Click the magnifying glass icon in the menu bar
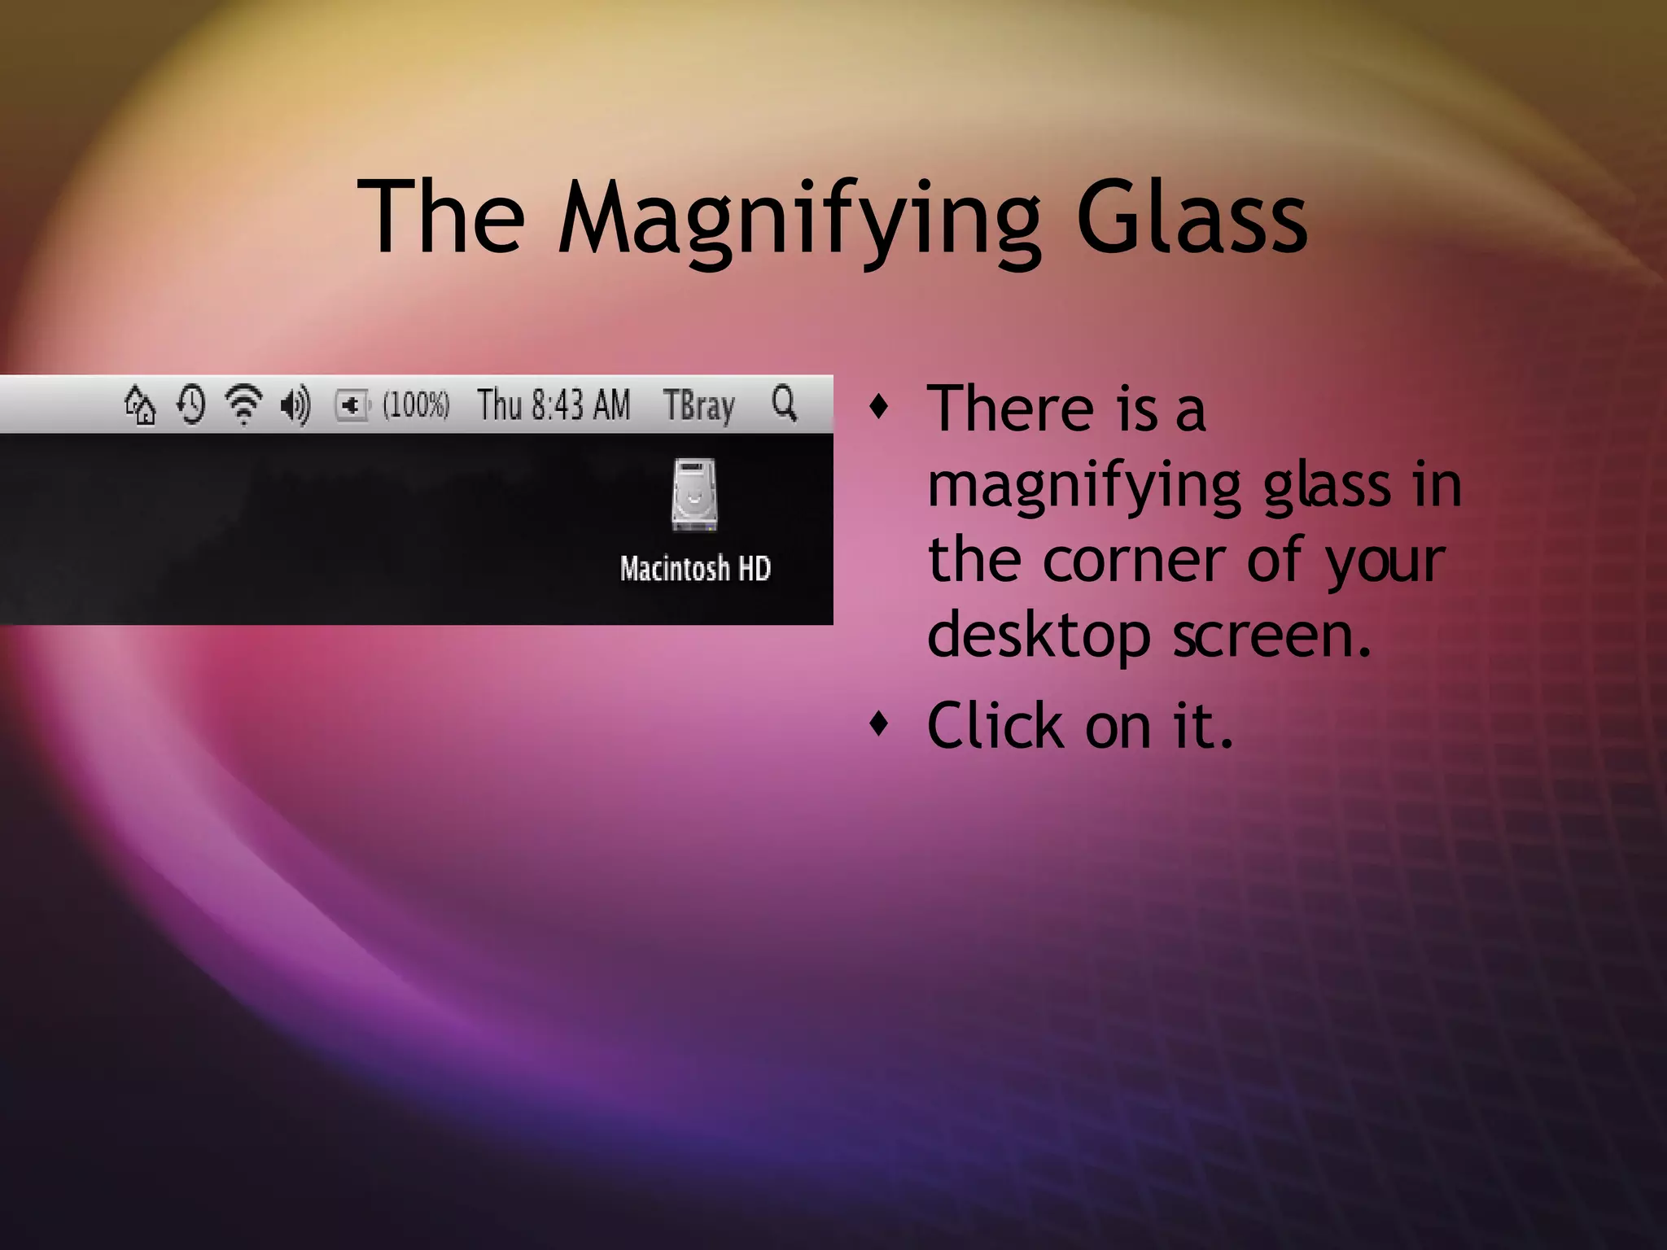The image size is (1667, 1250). [785, 403]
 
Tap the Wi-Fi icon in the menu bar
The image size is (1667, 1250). [243, 405]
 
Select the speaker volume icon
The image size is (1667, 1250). [295, 405]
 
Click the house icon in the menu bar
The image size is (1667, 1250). [140, 405]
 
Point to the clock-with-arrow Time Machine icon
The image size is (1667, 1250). [191, 405]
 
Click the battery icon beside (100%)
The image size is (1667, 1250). [352, 404]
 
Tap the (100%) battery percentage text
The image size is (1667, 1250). [416, 404]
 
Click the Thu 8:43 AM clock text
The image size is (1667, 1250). [553, 404]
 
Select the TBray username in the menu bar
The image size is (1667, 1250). [698, 405]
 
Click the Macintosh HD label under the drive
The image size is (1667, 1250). [695, 568]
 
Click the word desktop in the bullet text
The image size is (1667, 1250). [1039, 636]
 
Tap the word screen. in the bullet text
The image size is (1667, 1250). [1271, 636]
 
